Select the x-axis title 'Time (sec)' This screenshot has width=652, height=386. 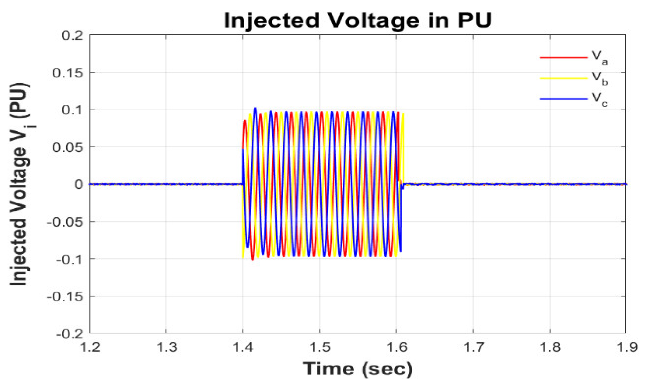click(358, 369)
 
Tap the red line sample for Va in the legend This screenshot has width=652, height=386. click(564, 58)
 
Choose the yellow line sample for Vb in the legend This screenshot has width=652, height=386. click(564, 78)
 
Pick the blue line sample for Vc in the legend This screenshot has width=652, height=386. click(564, 99)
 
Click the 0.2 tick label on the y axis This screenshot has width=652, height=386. click(72, 35)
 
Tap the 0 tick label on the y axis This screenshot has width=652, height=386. click(79, 184)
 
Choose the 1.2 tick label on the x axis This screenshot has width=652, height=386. click(90, 347)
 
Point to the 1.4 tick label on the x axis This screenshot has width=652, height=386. click(243, 347)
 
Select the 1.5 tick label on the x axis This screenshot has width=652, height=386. click(320, 347)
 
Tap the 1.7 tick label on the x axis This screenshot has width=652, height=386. click(473, 347)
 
